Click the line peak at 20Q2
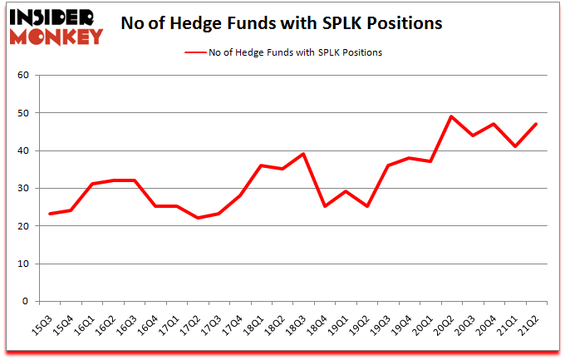click(x=451, y=116)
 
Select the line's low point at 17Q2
click(x=198, y=218)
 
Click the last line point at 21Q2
click(x=537, y=124)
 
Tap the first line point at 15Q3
click(x=51, y=214)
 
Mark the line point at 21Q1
click(x=516, y=146)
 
